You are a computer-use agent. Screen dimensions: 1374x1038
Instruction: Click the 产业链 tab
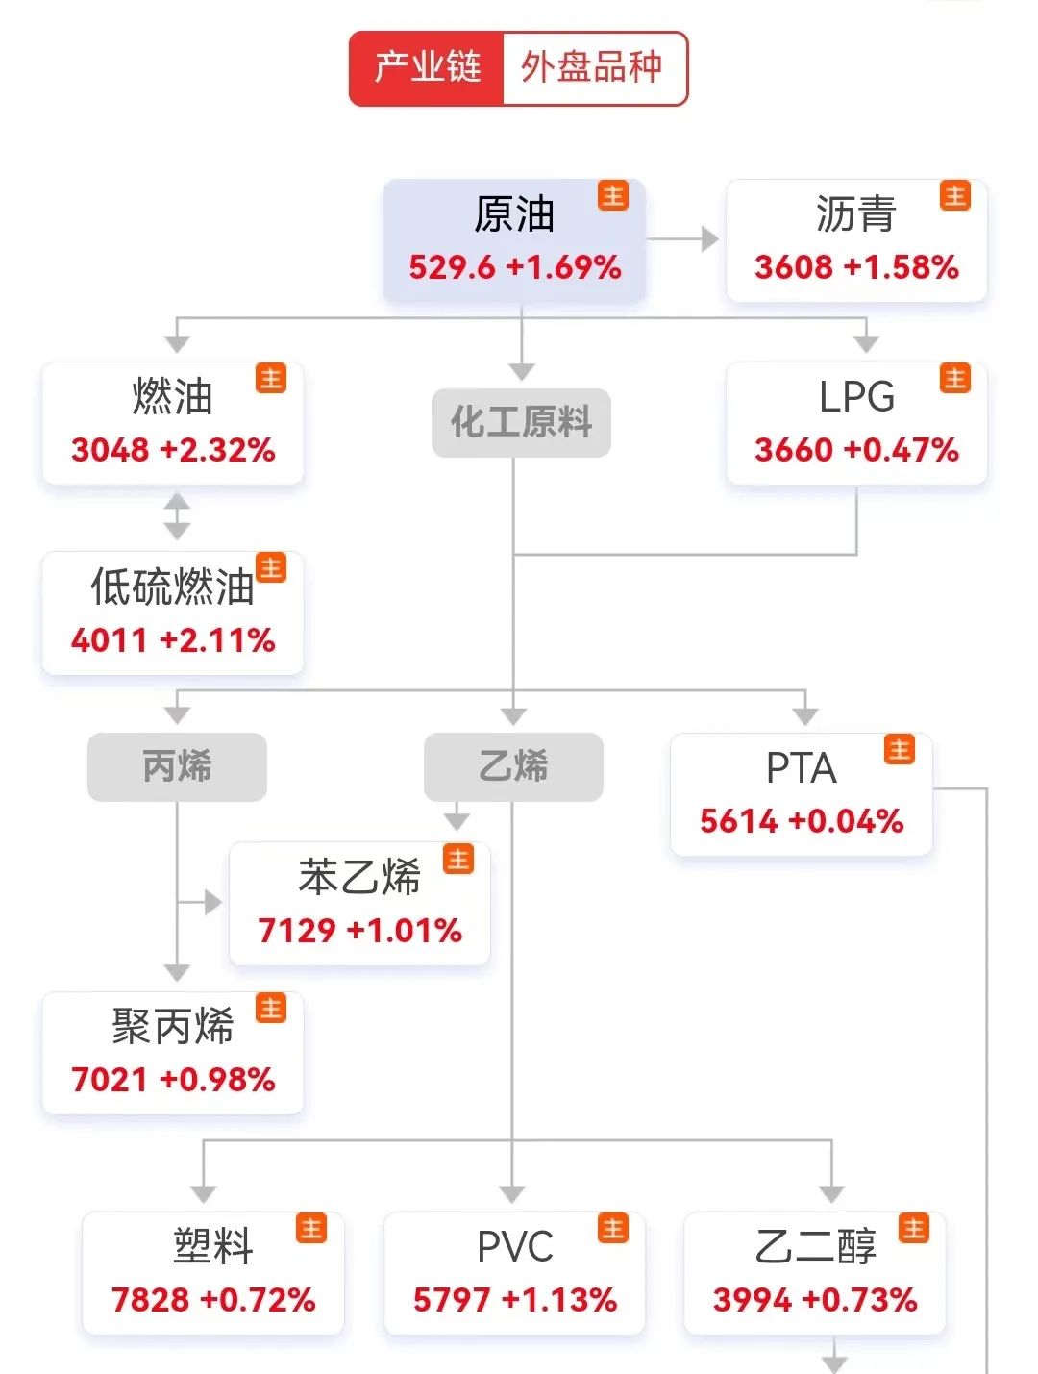click(x=427, y=68)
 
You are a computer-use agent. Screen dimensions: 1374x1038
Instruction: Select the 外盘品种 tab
click(x=592, y=68)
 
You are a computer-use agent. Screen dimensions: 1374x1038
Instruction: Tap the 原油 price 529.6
click(x=452, y=267)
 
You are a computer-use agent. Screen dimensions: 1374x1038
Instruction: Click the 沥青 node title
click(x=855, y=213)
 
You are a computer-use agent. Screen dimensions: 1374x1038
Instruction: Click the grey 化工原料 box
click(x=521, y=422)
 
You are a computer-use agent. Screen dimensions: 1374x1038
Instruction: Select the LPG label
click(x=856, y=397)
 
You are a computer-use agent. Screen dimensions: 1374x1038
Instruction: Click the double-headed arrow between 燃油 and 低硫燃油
click(x=177, y=516)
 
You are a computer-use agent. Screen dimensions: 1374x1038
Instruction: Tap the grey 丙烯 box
click(x=177, y=767)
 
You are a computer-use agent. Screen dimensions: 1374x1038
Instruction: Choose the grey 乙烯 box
click(x=513, y=767)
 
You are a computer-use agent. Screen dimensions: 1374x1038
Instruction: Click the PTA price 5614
click(x=738, y=821)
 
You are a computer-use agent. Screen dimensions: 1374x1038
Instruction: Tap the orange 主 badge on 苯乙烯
click(x=458, y=859)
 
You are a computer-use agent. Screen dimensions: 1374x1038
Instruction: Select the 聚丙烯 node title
click(x=172, y=1027)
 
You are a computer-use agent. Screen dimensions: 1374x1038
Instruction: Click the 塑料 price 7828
click(x=151, y=1300)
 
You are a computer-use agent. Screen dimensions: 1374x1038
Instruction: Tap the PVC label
click(x=515, y=1247)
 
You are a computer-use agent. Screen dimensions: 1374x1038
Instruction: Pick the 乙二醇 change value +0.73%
click(x=860, y=1300)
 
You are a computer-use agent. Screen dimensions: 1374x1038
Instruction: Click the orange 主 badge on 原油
click(x=613, y=195)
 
